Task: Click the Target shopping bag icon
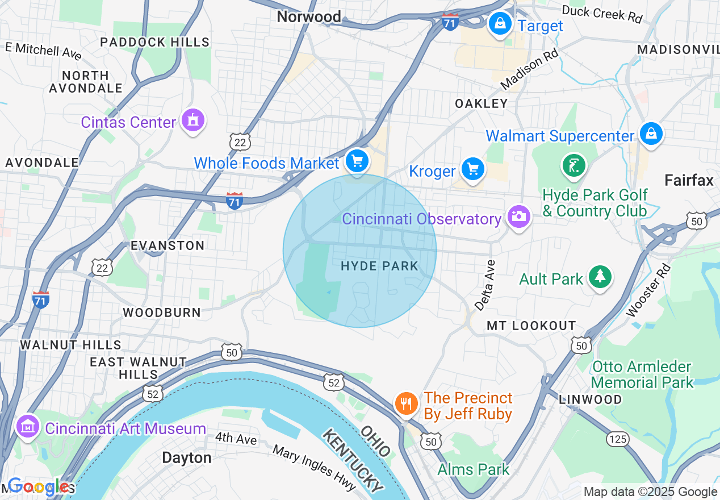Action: pos(500,24)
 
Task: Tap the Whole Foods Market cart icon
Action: pos(357,162)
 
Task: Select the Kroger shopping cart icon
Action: pos(472,169)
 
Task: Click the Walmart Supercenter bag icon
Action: pos(651,134)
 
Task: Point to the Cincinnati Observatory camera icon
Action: pos(518,217)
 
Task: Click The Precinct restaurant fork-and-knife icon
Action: pos(405,404)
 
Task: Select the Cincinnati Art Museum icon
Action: pos(27,427)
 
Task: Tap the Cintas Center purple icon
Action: pos(193,120)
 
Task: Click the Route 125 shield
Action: pos(617,438)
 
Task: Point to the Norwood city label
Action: pos(309,17)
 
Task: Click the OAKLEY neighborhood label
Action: pos(482,103)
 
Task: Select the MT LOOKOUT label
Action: pos(531,326)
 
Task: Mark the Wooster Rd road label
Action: pos(648,290)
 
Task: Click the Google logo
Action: pos(39,486)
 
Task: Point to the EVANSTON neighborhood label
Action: pos(167,245)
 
